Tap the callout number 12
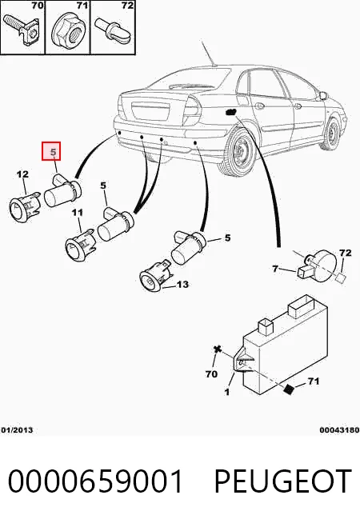click(x=22, y=174)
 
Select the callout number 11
click(x=78, y=212)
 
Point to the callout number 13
click(x=182, y=284)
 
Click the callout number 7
click(x=275, y=268)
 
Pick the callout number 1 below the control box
click(x=227, y=391)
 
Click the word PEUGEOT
click(x=282, y=481)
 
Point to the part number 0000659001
click(x=95, y=481)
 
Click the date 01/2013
click(x=17, y=429)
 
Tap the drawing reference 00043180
click(x=339, y=429)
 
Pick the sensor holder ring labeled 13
click(x=155, y=276)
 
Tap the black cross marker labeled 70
click(x=218, y=349)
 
